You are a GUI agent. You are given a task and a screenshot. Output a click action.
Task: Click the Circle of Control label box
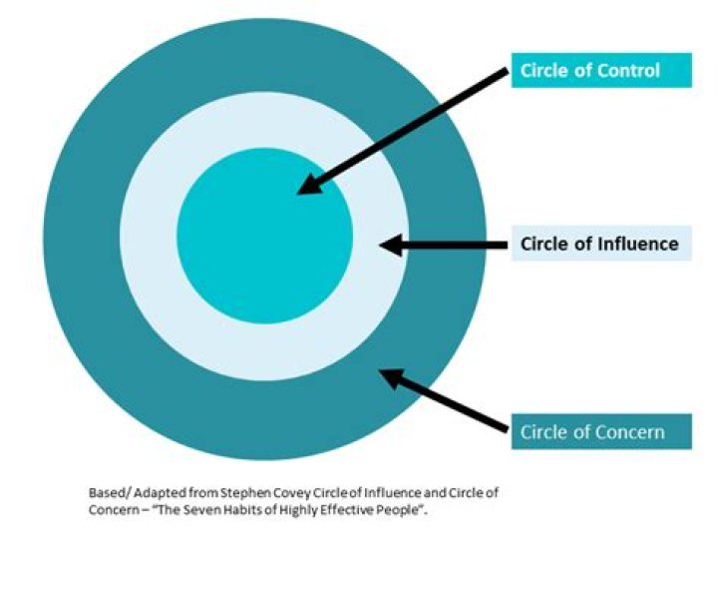600,70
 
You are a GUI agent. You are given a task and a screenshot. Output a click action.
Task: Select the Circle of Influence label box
600,243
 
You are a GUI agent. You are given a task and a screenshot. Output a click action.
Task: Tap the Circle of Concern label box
600,432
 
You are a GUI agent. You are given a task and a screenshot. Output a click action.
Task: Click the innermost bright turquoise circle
249,250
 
